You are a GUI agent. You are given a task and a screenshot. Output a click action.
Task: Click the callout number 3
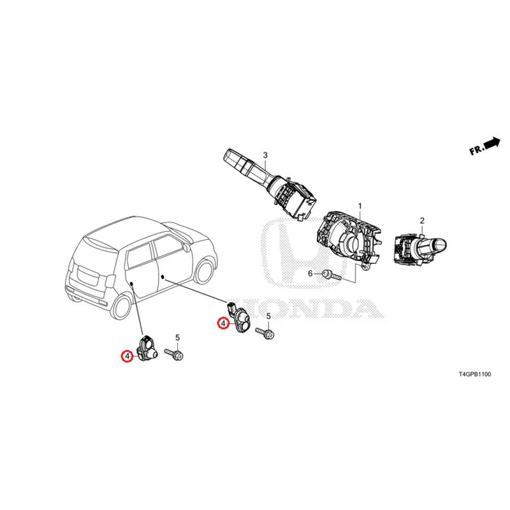click(x=265, y=155)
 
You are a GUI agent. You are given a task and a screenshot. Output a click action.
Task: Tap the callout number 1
click(x=360, y=206)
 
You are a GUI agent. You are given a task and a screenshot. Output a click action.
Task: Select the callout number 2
click(x=422, y=221)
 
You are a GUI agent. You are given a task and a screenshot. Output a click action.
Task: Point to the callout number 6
click(x=310, y=273)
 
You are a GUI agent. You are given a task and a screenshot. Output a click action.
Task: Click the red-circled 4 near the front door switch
click(x=223, y=323)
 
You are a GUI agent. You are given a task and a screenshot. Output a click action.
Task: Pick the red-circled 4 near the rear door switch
click(x=127, y=356)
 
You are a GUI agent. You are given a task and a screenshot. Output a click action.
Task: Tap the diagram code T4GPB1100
click(x=475, y=374)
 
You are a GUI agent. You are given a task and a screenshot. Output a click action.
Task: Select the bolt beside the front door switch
click(x=265, y=333)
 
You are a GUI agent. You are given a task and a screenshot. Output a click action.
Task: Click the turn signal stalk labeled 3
click(x=270, y=184)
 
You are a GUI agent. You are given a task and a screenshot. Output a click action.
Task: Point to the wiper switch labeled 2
click(x=420, y=249)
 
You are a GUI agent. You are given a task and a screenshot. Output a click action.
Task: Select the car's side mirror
click(x=186, y=246)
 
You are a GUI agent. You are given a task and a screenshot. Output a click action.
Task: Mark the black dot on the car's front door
click(x=163, y=277)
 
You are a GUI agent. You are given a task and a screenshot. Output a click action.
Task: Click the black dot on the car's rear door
click(x=132, y=284)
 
